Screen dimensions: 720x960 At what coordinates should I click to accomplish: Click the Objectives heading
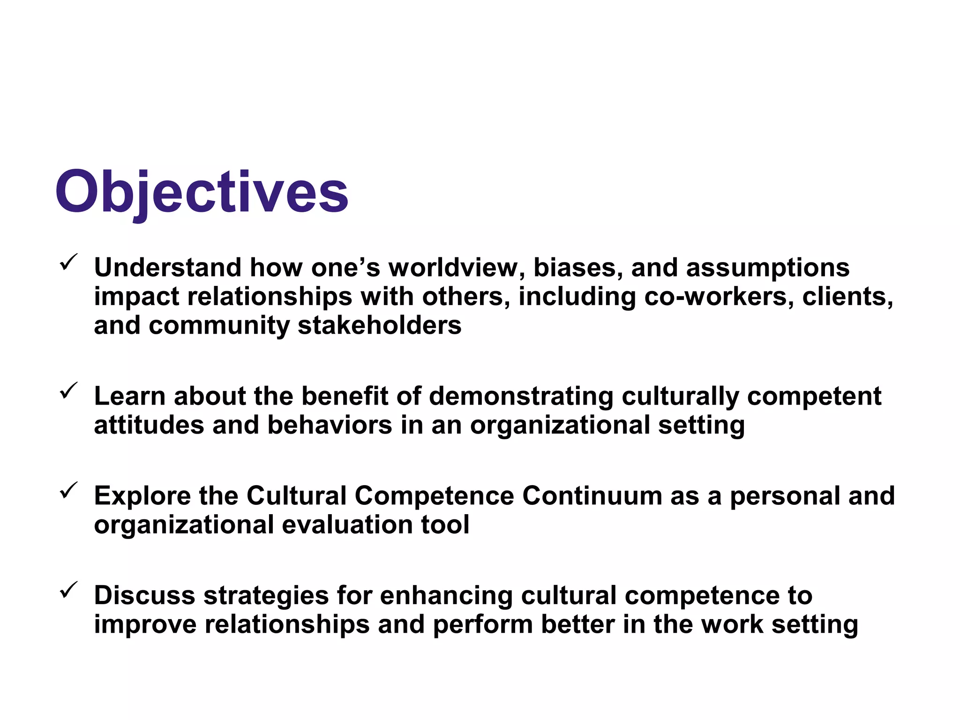point(202,192)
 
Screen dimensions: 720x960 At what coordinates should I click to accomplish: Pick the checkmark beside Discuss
point(68,590)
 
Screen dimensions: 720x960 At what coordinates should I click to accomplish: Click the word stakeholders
point(380,325)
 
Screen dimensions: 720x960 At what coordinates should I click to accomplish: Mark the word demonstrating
point(521,396)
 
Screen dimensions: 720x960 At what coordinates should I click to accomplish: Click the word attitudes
point(149,425)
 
